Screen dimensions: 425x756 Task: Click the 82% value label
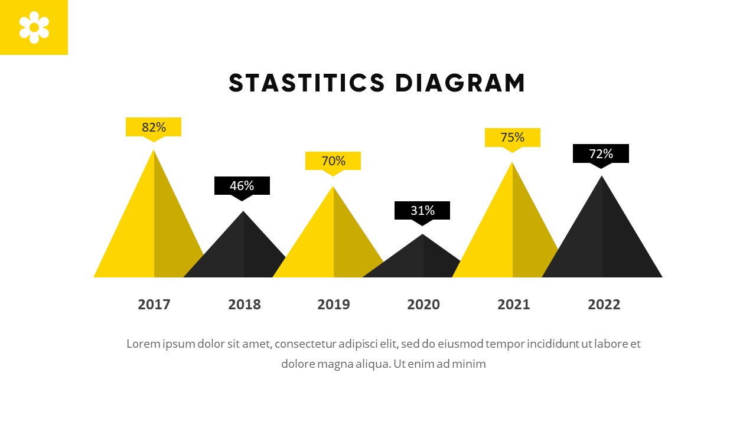[x=154, y=127]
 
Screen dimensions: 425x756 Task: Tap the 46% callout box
[x=242, y=185]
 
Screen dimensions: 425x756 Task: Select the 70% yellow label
[x=333, y=161]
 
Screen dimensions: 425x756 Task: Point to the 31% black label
[x=422, y=210]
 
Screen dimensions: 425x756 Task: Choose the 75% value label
[x=513, y=138]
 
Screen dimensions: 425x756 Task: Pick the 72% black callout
[x=601, y=153]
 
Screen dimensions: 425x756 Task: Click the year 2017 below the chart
[x=154, y=305]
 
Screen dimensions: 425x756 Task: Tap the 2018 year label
[x=245, y=305]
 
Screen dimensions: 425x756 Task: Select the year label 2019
[x=334, y=305]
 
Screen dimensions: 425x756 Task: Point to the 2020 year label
[x=423, y=305]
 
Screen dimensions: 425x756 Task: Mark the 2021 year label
[x=514, y=305]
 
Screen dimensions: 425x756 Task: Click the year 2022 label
[x=604, y=305]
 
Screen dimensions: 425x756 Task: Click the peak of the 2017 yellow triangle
[x=154, y=152]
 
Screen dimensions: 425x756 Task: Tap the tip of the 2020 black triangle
[x=423, y=236]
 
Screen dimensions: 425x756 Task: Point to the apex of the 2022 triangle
[x=602, y=177]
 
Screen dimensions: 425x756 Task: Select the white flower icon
[x=34, y=27]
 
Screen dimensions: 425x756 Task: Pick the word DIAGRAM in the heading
[x=460, y=83]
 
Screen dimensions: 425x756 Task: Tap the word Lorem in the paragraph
[x=144, y=344]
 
